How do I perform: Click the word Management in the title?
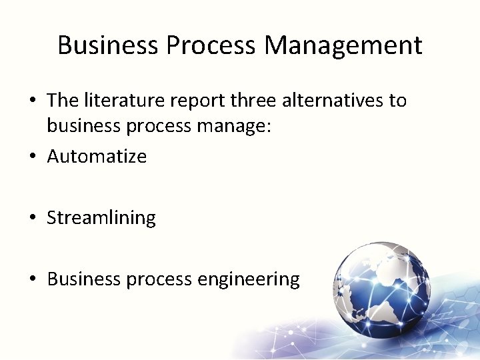coord(343,46)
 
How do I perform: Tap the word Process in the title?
coord(211,46)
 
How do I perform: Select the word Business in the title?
coord(108,46)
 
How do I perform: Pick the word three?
coord(255,101)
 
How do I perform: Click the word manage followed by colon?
coord(233,127)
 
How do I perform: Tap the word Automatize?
coord(97,157)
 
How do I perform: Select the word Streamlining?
coord(101,219)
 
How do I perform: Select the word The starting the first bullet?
coord(63,101)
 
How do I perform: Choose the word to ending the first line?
coord(398,101)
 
